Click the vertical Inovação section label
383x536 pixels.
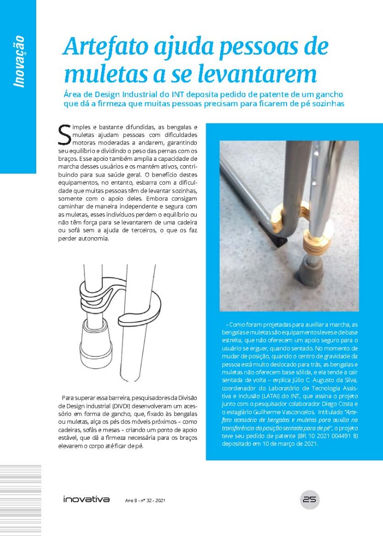tap(19, 62)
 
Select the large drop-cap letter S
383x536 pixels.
tap(65, 133)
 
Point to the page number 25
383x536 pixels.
tap(310, 499)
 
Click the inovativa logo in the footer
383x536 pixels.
tap(86, 499)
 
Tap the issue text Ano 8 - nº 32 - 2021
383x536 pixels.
tap(145, 500)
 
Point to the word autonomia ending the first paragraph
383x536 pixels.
tap(93, 239)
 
